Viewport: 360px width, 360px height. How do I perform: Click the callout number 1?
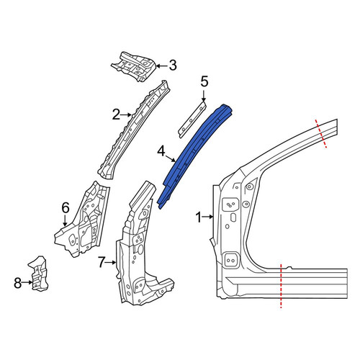(x=199, y=217)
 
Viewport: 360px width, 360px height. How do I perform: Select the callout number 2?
(x=116, y=115)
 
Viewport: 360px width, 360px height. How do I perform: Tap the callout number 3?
(x=173, y=66)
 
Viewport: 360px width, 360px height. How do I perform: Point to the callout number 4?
(x=161, y=152)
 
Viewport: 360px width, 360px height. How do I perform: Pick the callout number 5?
(x=204, y=82)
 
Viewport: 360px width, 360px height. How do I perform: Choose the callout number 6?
(x=66, y=207)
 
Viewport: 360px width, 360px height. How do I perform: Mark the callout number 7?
(x=102, y=263)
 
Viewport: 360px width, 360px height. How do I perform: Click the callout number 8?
(x=18, y=283)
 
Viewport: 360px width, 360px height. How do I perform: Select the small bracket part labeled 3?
(x=135, y=66)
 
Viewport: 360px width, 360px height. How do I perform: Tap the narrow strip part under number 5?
(x=192, y=120)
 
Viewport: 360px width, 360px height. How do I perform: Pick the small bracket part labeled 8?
(x=39, y=274)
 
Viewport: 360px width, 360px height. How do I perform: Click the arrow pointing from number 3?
(x=162, y=66)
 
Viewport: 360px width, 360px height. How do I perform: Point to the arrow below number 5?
(x=204, y=96)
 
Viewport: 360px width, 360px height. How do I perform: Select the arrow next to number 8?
(x=27, y=282)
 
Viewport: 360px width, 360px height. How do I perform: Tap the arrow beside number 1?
(x=208, y=217)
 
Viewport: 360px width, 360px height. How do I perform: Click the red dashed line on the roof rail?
(x=321, y=133)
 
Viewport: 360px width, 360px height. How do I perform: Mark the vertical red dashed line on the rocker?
(x=281, y=286)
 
